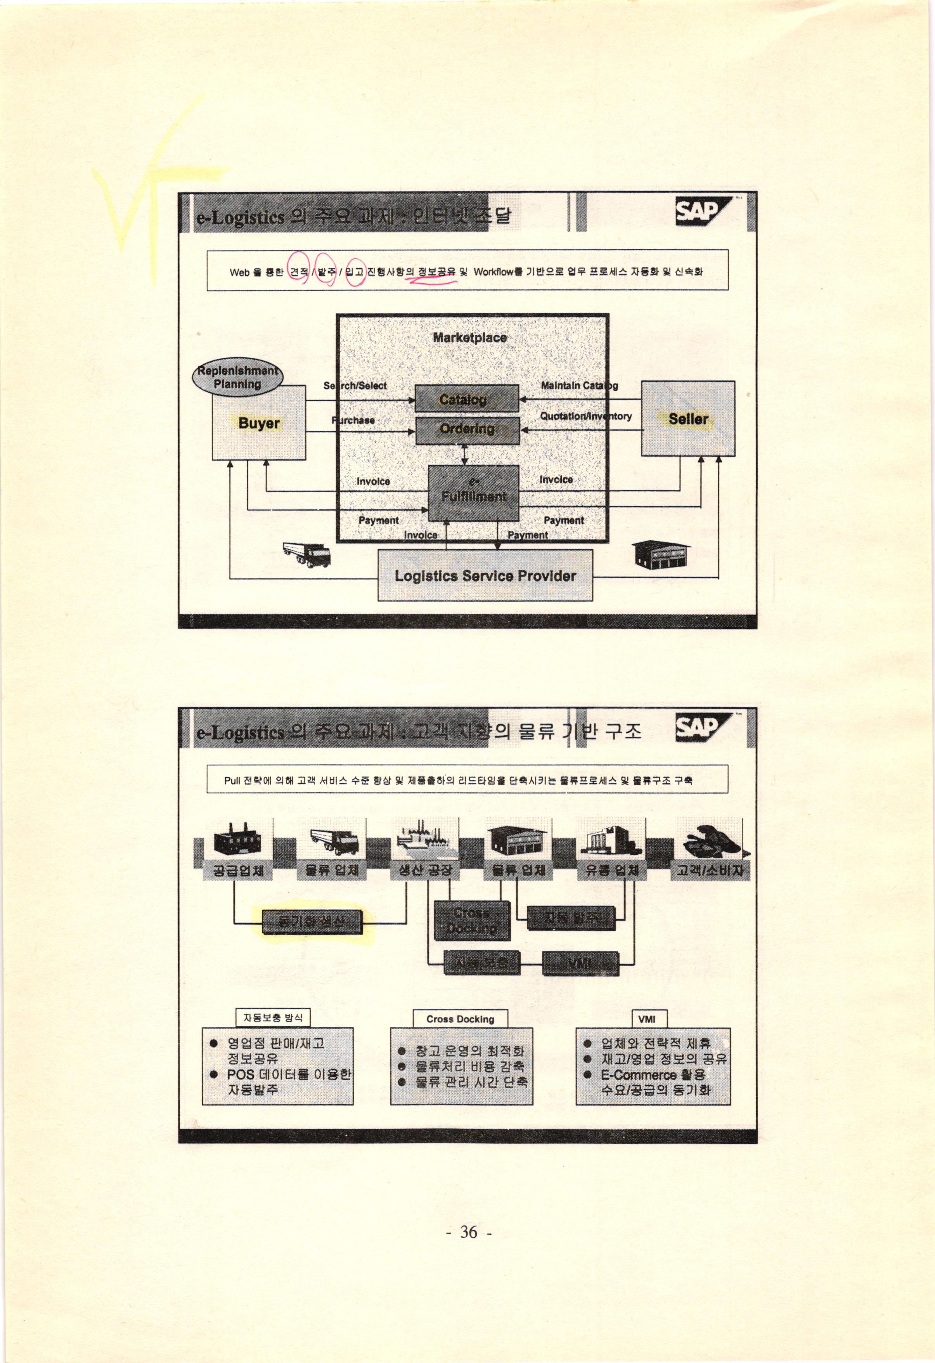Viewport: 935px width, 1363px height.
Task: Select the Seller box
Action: coord(687,419)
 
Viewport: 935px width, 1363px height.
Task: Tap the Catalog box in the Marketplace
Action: coord(466,399)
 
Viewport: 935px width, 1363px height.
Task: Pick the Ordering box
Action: coord(467,430)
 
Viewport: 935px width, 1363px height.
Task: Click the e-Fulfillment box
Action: coord(473,493)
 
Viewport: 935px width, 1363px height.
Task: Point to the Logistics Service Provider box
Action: coord(485,575)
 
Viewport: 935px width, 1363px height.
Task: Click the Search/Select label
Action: coord(355,385)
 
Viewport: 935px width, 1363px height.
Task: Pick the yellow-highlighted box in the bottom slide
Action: coord(312,922)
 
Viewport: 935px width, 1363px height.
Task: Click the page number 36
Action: coord(468,1231)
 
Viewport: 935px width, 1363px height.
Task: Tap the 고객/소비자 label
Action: coord(709,870)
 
